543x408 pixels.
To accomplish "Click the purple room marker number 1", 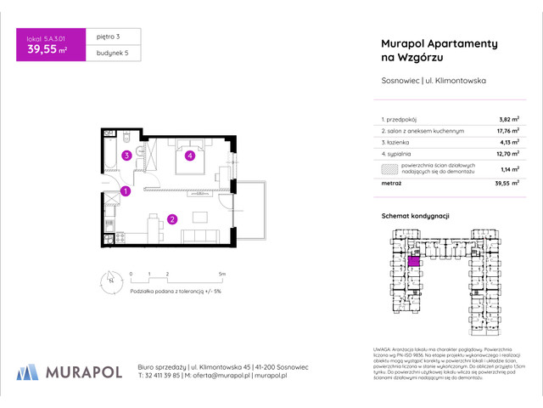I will coord(125,191).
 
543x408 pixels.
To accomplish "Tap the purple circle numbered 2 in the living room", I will coord(171,220).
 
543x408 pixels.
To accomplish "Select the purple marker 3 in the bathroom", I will coord(125,156).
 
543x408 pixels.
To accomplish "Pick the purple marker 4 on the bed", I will coord(192,156).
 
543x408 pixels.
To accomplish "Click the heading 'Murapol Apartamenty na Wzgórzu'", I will coord(419,49).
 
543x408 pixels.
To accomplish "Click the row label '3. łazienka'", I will coord(396,144).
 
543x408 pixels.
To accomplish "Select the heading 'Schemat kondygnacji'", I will coord(414,217).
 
